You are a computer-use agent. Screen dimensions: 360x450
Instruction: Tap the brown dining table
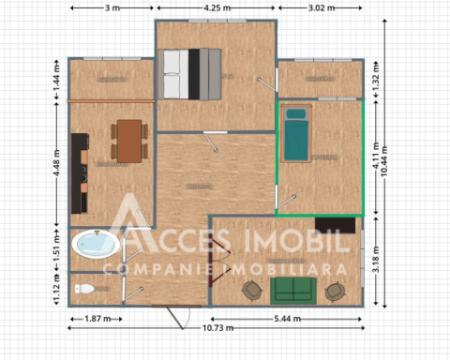point(129,139)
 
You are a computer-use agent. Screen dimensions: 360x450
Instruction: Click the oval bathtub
point(95,243)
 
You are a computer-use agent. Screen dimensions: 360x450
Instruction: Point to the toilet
point(87,288)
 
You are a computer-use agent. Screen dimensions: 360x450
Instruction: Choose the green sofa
point(292,290)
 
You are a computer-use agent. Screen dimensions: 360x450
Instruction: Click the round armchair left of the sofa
point(251,290)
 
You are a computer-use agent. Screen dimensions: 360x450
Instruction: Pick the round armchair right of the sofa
point(335,290)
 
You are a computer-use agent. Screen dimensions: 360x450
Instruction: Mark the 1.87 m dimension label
point(93,319)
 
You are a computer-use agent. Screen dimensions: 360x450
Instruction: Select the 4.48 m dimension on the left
point(56,160)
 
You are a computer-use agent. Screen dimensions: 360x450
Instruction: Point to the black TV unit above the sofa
point(333,224)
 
